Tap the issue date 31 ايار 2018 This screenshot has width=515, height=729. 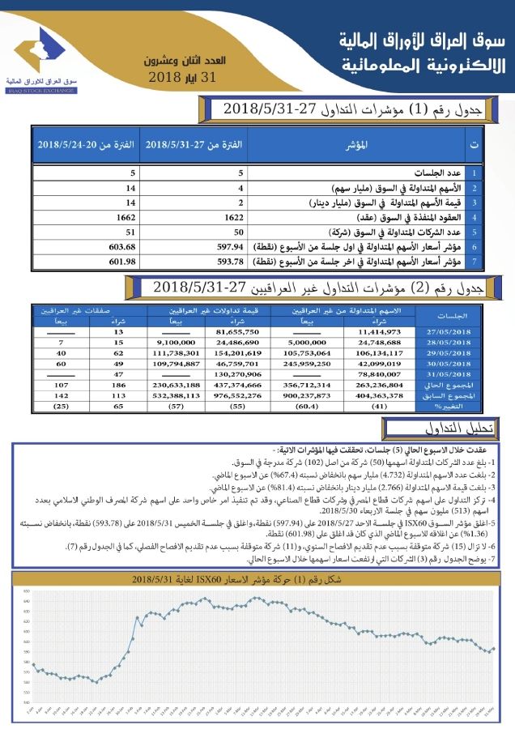(x=185, y=78)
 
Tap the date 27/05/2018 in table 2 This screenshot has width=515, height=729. (x=447, y=331)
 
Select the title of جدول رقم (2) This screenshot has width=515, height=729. (x=319, y=287)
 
